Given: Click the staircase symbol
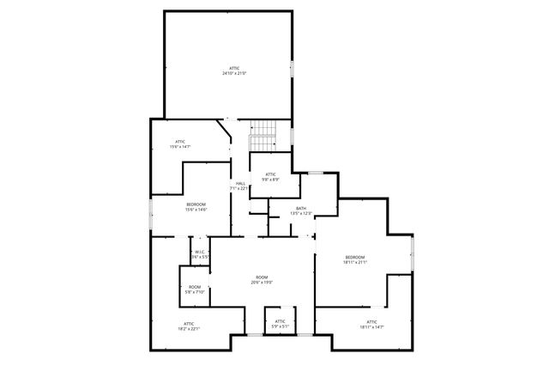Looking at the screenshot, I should pos(263,133).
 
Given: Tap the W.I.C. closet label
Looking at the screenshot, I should pos(199,253).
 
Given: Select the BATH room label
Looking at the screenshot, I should pos(301,208).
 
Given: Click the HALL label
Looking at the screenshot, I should pos(240,183).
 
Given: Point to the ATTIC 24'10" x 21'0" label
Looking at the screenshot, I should pos(234,68).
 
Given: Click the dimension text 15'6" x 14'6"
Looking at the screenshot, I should pos(196,210).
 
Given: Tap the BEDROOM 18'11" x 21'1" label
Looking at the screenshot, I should pos(355,257).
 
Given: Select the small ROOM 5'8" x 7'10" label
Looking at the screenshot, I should pos(195,287).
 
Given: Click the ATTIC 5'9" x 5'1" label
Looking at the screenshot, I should pos(280,321).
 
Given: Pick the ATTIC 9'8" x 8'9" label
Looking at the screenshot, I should pos(270,174).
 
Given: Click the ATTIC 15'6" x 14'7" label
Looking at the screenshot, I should pos(180,142).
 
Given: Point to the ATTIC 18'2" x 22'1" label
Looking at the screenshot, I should pos(189,323).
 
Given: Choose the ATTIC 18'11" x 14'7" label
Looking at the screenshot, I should pos(371,322).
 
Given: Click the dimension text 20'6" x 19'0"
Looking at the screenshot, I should pos(262,282).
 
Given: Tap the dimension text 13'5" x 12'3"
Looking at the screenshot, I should pos(301,213).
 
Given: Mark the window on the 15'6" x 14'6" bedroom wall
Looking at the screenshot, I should pos(151,213).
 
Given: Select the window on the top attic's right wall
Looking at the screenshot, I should pos(293,67).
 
